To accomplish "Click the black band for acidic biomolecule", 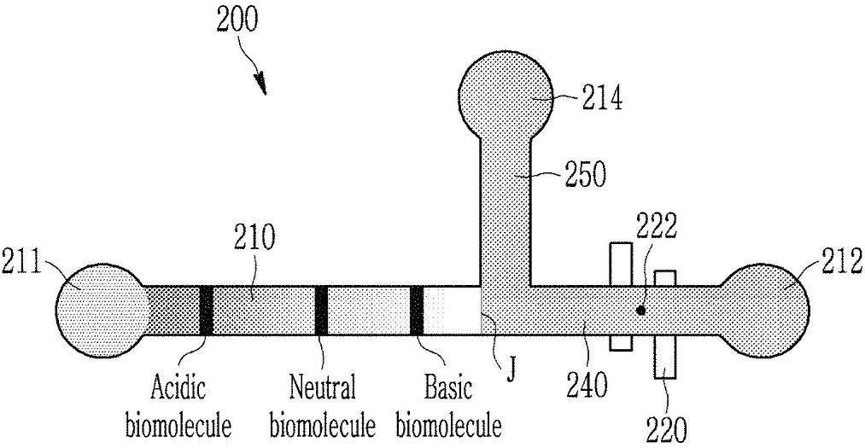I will click(x=206, y=310).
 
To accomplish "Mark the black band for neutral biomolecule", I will click(x=321, y=310).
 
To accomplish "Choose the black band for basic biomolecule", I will click(x=417, y=310).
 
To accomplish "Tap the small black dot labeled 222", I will click(x=640, y=311).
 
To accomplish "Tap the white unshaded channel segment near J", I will click(x=453, y=310).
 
